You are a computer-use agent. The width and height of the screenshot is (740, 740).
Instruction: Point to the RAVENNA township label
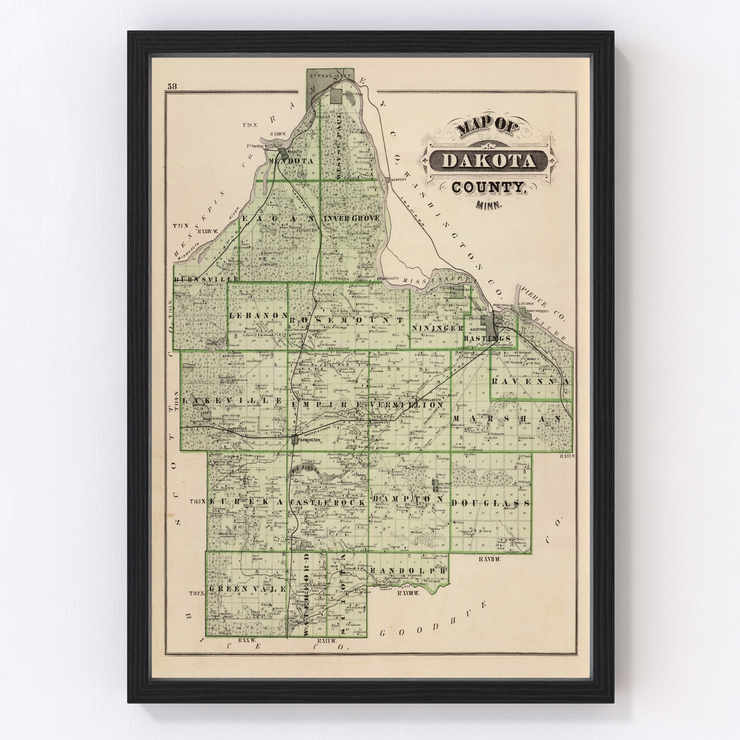click(x=531, y=382)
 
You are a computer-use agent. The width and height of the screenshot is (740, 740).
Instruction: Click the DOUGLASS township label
click(x=491, y=503)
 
